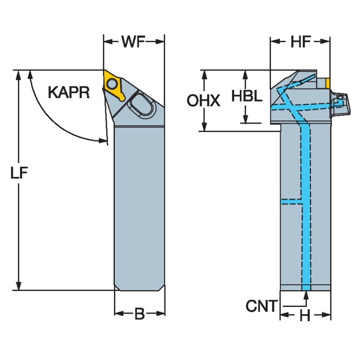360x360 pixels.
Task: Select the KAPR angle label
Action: [68, 92]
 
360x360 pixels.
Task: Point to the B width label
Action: [140, 314]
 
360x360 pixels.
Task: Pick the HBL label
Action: [247, 96]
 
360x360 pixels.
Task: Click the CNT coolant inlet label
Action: [261, 306]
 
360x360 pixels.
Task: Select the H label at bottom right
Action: [305, 315]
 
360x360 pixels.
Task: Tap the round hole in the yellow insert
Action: [111, 84]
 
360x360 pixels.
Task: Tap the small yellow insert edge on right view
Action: [327, 83]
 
